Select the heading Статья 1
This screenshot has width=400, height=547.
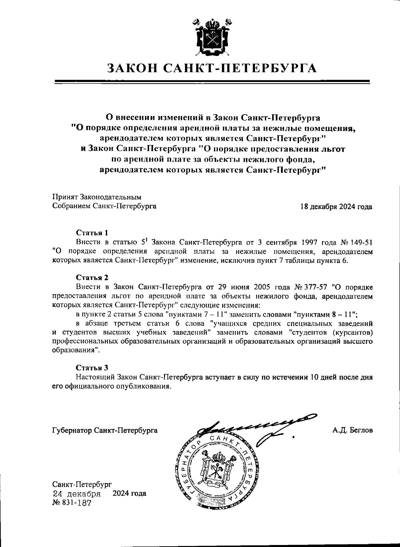pos(92,233)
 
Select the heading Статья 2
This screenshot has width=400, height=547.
pos(92,278)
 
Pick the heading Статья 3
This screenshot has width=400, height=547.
pos(92,368)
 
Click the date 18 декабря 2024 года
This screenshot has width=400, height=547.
pos(336,207)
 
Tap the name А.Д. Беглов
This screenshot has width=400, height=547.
pos(352,430)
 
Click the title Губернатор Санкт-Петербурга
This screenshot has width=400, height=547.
pos(105,430)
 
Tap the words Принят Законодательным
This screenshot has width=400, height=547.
pos(97,197)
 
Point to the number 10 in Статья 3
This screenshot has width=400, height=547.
pos(315,377)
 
